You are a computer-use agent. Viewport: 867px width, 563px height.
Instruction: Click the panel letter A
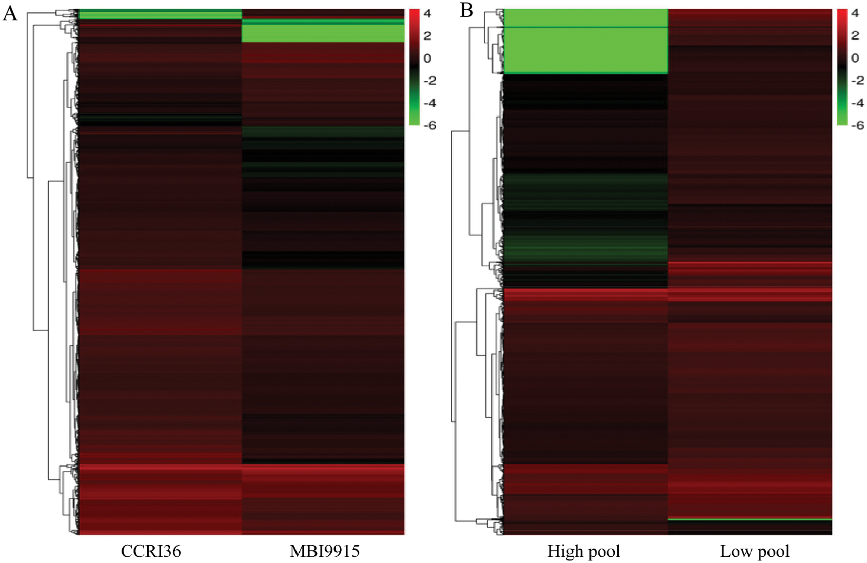pyautogui.click(x=10, y=13)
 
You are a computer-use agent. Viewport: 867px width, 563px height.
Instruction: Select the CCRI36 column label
pyautogui.click(x=151, y=551)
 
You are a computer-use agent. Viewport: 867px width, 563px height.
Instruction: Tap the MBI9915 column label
pyautogui.click(x=324, y=551)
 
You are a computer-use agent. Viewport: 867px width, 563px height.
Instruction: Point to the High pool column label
pyautogui.click(x=584, y=551)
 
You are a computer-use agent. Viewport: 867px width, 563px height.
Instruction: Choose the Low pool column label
pyautogui.click(x=755, y=551)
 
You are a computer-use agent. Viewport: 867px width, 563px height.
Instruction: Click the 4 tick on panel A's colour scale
pyautogui.click(x=427, y=13)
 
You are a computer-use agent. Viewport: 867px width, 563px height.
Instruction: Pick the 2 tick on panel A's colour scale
pyautogui.click(x=427, y=36)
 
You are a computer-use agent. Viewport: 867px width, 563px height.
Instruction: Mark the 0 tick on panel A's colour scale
pyautogui.click(x=427, y=58)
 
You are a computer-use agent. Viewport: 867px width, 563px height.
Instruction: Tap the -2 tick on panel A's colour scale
pyautogui.click(x=429, y=81)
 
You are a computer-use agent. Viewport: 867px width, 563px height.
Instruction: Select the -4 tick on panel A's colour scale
pyautogui.click(x=429, y=103)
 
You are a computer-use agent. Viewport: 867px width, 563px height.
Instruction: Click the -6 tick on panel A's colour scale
pyautogui.click(x=429, y=125)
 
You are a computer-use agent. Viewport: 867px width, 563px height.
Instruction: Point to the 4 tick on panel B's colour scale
pyautogui.click(x=855, y=13)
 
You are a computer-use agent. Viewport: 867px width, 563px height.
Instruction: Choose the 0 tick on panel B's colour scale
pyautogui.click(x=855, y=58)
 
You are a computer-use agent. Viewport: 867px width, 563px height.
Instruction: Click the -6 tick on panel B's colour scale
pyautogui.click(x=857, y=125)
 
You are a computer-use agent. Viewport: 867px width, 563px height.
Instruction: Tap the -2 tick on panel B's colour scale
pyautogui.click(x=857, y=81)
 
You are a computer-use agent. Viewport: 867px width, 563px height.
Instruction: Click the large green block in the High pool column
pyautogui.click(x=585, y=50)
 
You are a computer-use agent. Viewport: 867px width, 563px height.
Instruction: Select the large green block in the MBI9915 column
pyautogui.click(x=323, y=33)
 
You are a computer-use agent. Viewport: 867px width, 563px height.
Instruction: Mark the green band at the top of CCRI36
pyautogui.click(x=160, y=14)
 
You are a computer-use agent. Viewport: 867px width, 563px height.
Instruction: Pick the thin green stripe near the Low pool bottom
pyautogui.click(x=750, y=519)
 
